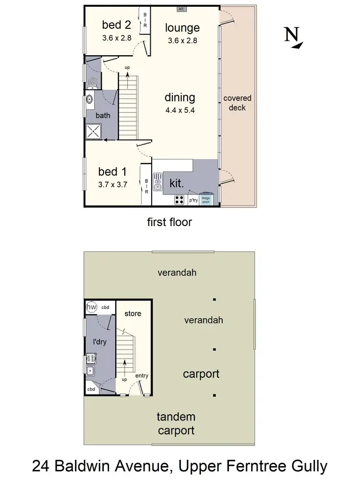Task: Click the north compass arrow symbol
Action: (x=294, y=38)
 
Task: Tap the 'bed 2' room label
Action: (x=116, y=25)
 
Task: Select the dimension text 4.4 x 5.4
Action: (x=180, y=109)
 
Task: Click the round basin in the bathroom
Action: (x=89, y=100)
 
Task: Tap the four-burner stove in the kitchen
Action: (x=180, y=200)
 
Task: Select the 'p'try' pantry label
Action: (x=193, y=200)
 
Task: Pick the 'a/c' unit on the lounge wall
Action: (x=182, y=9)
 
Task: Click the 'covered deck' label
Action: (x=237, y=103)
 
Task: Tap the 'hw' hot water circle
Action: (x=91, y=307)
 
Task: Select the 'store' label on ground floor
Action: (x=133, y=313)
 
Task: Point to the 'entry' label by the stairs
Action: (x=142, y=376)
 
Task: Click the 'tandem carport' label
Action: (x=177, y=424)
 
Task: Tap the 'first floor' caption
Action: (x=169, y=222)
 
